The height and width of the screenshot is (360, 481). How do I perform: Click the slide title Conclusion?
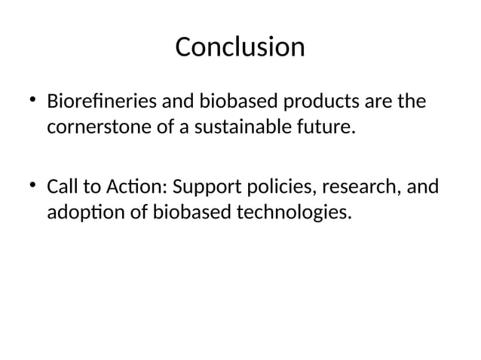[240, 47]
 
